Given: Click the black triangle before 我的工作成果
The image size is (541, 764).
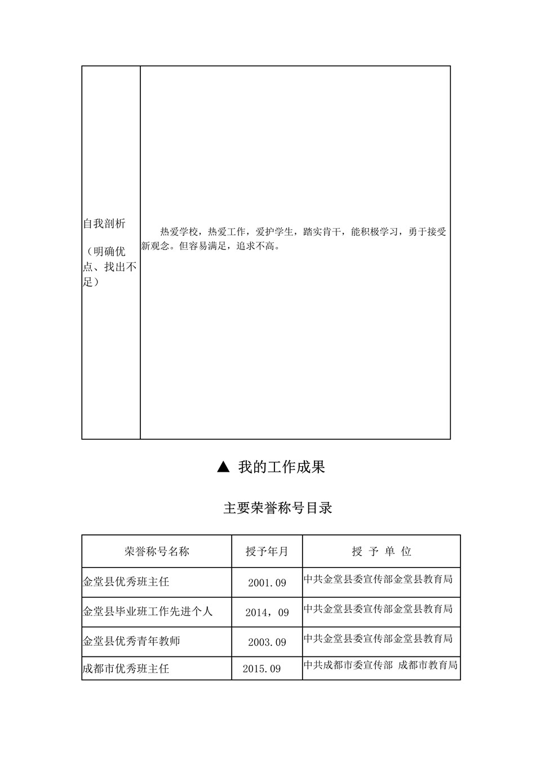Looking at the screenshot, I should click(223, 467).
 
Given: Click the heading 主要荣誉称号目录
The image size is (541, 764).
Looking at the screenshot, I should click(278, 508).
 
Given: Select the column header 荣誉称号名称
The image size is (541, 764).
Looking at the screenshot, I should click(157, 551).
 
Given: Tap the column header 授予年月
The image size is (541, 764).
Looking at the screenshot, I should click(267, 551).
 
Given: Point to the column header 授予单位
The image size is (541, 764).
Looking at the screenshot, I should click(382, 551).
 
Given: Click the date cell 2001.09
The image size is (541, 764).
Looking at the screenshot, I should click(267, 583).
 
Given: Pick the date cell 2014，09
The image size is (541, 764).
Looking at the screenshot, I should click(267, 613).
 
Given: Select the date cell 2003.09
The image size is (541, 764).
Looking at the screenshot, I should click(267, 642).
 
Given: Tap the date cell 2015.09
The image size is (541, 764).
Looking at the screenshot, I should click(261, 669).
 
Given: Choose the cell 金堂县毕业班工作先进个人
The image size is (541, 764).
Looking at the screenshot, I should click(148, 611).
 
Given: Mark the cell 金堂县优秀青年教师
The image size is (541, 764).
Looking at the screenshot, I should click(131, 641).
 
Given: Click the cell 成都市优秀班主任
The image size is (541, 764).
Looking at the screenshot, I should click(126, 669).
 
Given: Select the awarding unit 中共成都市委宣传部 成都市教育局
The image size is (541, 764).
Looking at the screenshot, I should click(380, 665).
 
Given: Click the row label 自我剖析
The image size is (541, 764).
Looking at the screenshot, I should click(104, 224).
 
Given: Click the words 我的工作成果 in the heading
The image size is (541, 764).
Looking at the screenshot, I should click(281, 467).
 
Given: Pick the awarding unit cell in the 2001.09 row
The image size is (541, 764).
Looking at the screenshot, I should click(378, 579).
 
